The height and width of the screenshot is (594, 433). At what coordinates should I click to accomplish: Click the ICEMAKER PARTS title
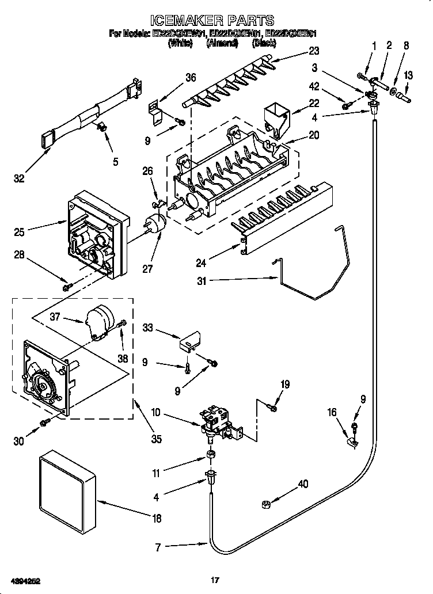tap(216, 22)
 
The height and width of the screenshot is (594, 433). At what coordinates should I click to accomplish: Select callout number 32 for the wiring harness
tap(20, 178)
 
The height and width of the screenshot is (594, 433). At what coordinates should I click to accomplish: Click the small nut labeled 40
tap(267, 504)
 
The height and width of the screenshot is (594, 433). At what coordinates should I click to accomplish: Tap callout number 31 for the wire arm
tap(200, 281)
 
